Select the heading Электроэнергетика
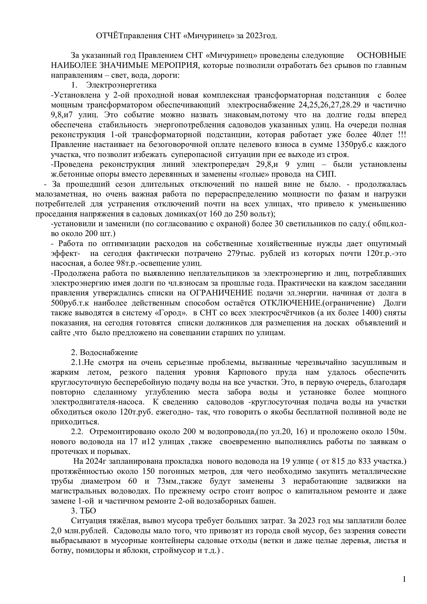[x=122, y=85]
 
